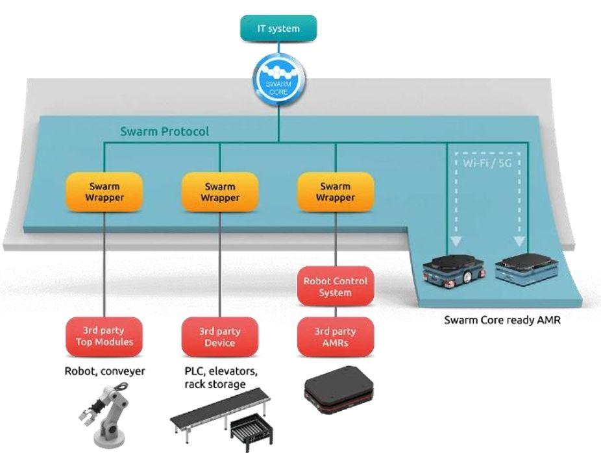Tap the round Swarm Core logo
[280, 79]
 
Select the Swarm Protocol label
[164, 131]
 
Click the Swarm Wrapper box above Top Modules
[104, 192]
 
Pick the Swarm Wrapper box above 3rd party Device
[220, 192]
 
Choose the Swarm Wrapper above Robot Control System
[335, 192]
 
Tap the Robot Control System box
[335, 286]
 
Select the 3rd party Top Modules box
[104, 336]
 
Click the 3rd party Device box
[220, 336]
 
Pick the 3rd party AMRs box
[335, 336]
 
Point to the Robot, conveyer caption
[104, 372]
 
